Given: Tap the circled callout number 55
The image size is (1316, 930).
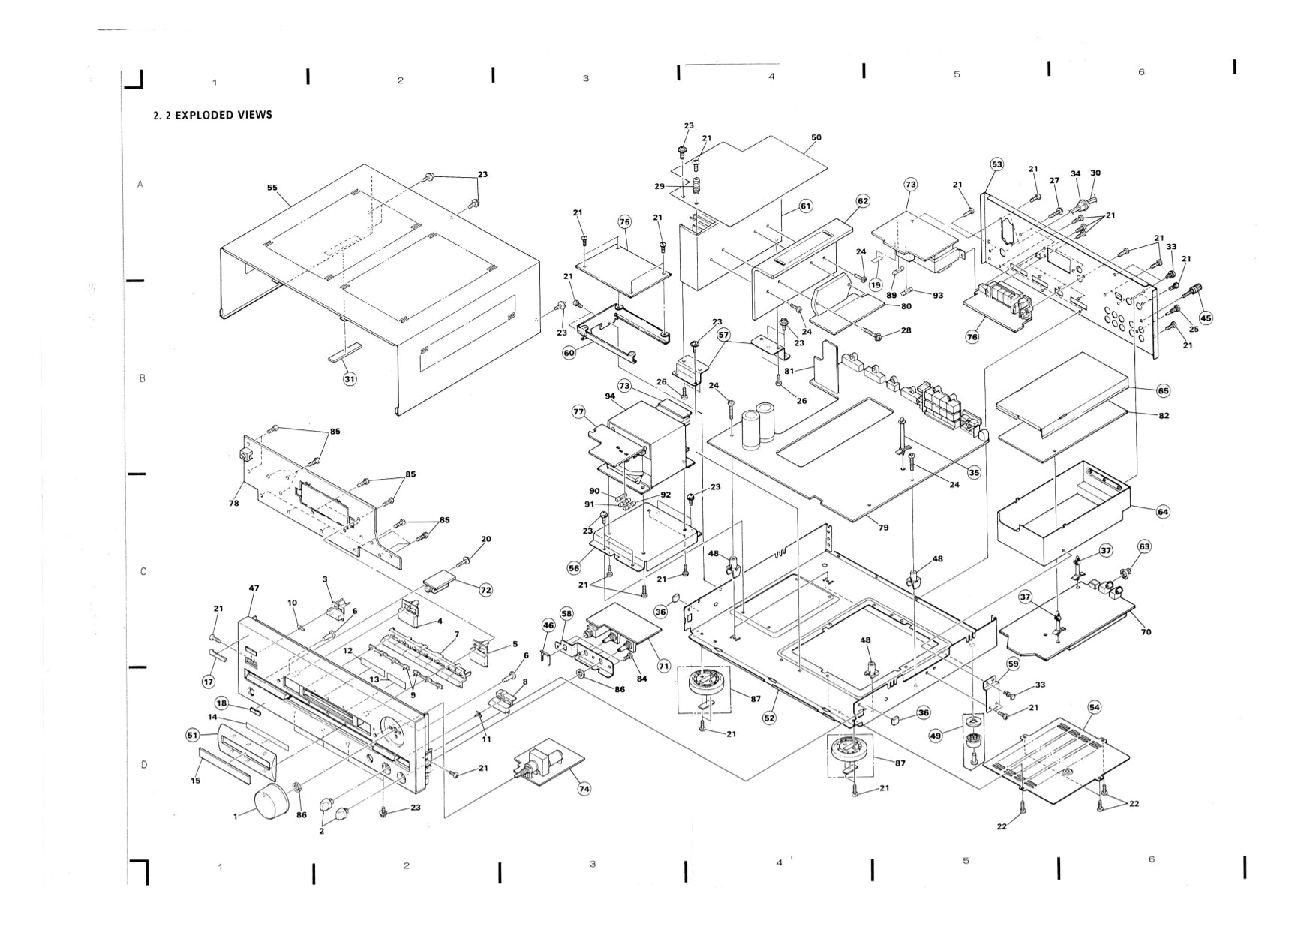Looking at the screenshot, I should point(272,188).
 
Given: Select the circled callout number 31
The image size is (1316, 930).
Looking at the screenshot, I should point(350,379).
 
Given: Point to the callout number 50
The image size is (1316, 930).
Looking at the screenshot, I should point(816,137).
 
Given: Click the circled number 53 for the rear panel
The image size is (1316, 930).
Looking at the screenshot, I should point(997,164).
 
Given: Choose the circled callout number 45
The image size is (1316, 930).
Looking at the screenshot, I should point(1206,318).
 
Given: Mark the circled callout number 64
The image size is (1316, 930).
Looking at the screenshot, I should point(1163,512).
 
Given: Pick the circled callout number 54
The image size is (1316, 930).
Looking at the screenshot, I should point(1095,707).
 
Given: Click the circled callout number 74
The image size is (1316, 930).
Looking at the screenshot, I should point(584,789).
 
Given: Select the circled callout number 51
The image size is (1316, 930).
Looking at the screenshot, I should point(193,736).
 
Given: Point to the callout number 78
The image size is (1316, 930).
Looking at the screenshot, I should point(234,503).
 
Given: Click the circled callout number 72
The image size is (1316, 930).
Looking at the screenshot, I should point(486,590).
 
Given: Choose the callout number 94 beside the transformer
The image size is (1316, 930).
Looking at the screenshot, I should point(610,396).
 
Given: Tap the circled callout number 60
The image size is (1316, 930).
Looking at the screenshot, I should point(569,353).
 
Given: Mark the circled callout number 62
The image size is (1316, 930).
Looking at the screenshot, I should point(863,201).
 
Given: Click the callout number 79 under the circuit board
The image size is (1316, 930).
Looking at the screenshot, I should point(883,528).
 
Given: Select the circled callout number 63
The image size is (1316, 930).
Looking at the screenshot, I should point(1144,546).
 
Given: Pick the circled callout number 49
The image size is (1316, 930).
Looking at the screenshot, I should point(936,736).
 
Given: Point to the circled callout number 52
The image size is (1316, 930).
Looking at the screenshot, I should point(770,718).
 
